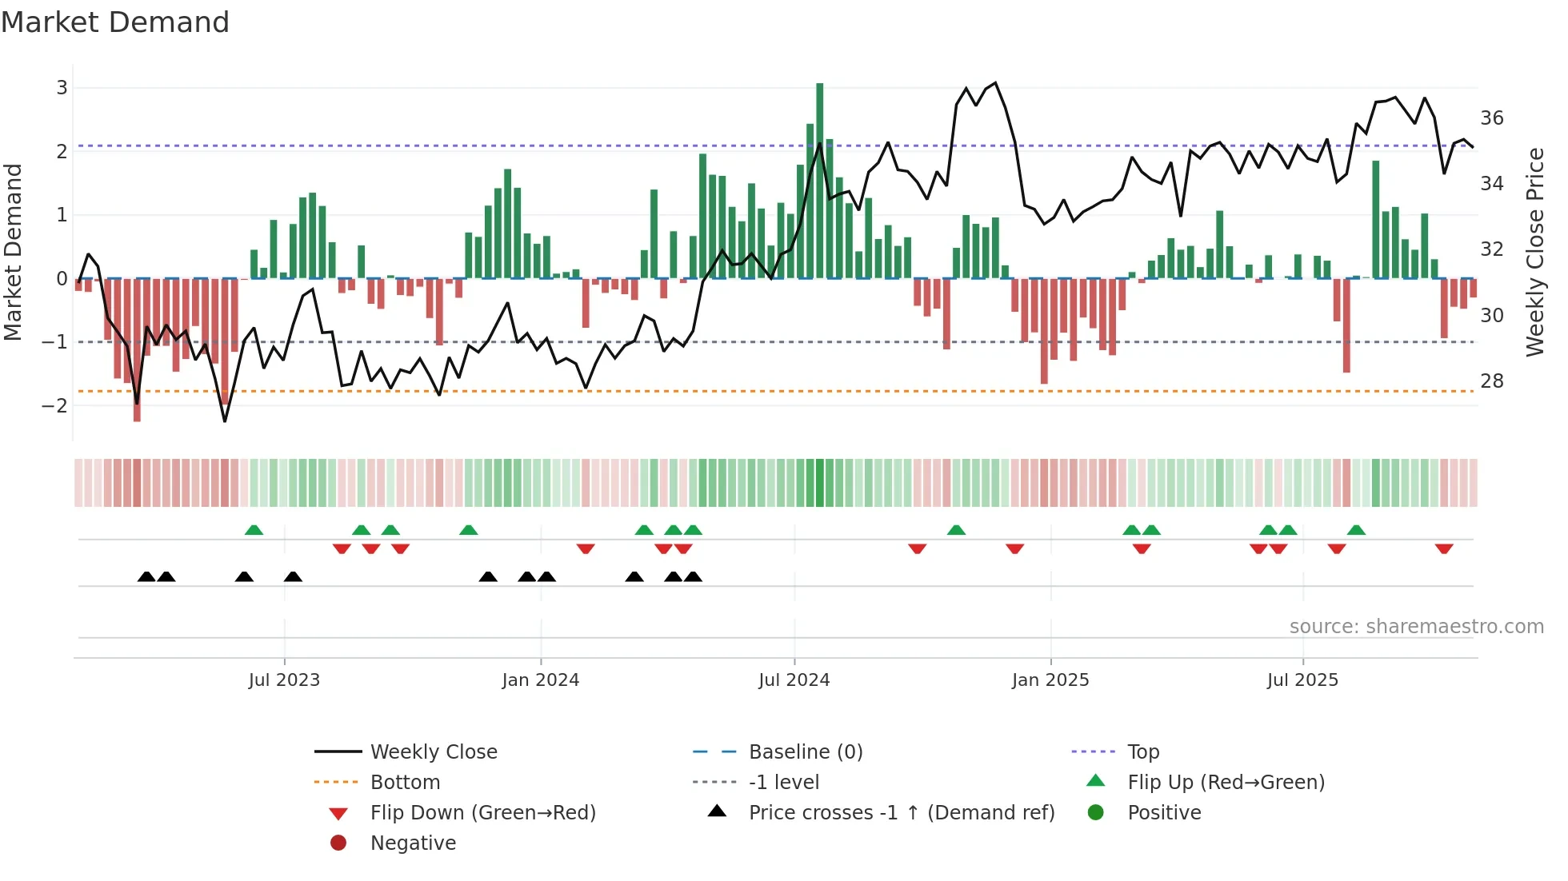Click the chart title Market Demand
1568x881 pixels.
(x=115, y=22)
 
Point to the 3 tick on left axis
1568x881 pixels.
(x=62, y=88)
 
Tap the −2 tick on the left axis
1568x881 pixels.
(x=55, y=405)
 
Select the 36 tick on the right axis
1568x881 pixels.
(x=1492, y=118)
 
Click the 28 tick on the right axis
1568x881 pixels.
(x=1492, y=381)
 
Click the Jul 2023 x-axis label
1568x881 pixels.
(x=284, y=680)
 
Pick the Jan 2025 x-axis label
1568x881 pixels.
(x=1050, y=680)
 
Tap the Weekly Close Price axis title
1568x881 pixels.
(x=1534, y=252)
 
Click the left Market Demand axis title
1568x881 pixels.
(x=13, y=252)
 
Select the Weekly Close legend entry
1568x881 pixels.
(x=434, y=752)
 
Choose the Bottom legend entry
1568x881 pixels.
(x=405, y=783)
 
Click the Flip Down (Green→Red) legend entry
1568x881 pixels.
(x=482, y=813)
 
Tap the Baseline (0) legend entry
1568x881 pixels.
(x=806, y=752)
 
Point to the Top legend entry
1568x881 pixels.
(x=1143, y=752)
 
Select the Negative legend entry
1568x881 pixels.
(x=413, y=843)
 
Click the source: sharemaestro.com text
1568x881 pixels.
(x=1416, y=627)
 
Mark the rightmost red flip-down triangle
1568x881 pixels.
(x=1444, y=548)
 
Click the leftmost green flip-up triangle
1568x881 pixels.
(x=254, y=530)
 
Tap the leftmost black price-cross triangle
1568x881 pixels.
(x=146, y=576)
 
